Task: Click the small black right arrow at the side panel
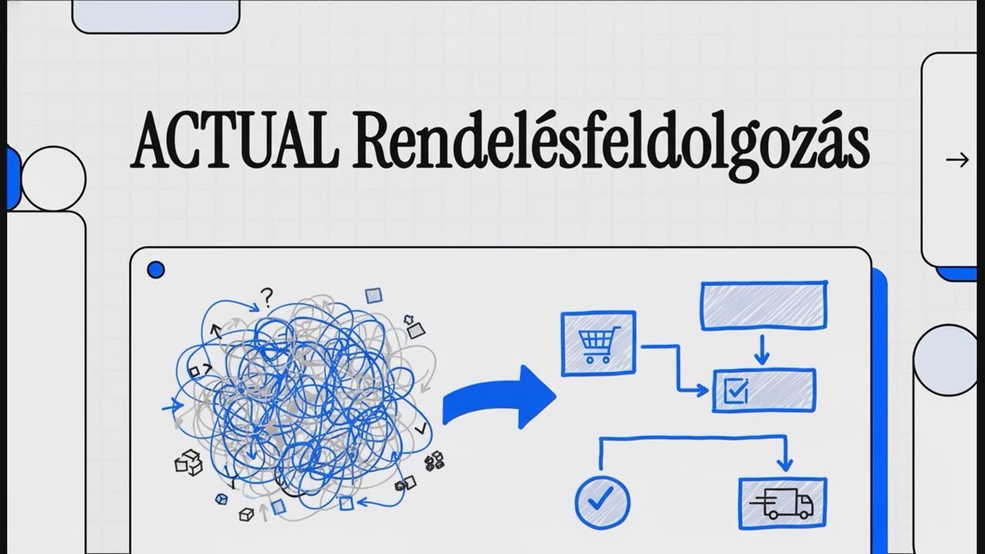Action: click(957, 160)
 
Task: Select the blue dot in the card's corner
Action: click(155, 269)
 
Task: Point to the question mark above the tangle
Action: click(266, 298)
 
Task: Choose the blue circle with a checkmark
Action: click(603, 502)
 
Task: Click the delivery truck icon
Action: click(781, 504)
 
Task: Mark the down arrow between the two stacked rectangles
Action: click(762, 350)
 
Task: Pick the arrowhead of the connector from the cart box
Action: click(702, 389)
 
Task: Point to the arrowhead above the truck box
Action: click(785, 465)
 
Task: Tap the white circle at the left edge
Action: click(53, 179)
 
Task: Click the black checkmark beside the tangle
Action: click(421, 428)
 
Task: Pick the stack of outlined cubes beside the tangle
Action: click(189, 462)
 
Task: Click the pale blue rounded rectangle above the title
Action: click(155, 16)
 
